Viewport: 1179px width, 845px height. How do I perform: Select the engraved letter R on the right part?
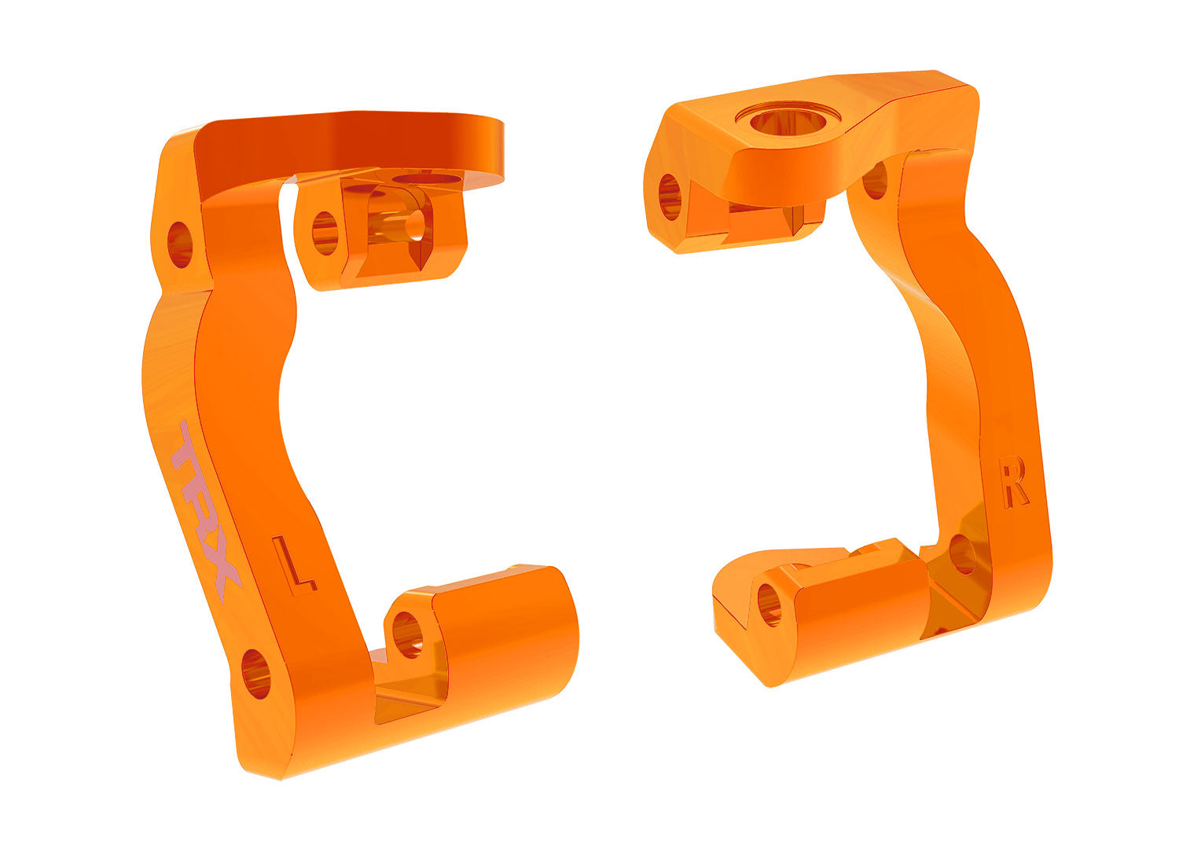click(x=1014, y=483)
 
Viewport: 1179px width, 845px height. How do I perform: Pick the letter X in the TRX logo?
click(x=222, y=574)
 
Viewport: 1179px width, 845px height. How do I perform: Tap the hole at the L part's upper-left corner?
click(x=180, y=244)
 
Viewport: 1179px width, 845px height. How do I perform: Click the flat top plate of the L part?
click(x=354, y=149)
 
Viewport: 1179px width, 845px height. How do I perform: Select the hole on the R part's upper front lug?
click(x=670, y=197)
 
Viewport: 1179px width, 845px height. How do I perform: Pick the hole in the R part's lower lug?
click(x=769, y=604)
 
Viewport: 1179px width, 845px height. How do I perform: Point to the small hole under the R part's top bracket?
click(x=875, y=181)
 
